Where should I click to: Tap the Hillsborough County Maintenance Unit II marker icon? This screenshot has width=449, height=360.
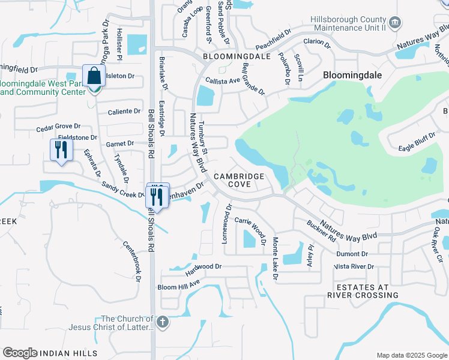click(x=395, y=24)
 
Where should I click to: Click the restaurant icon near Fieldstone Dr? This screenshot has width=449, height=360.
click(x=61, y=149)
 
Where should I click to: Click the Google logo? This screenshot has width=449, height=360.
click(x=20, y=353)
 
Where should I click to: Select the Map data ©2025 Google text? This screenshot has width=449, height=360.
click(x=411, y=355)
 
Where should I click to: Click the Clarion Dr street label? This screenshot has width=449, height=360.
click(x=317, y=43)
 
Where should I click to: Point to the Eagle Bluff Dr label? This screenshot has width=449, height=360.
click(x=417, y=142)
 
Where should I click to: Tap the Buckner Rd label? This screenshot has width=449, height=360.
click(x=321, y=231)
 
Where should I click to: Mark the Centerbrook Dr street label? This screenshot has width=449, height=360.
click(x=131, y=261)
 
